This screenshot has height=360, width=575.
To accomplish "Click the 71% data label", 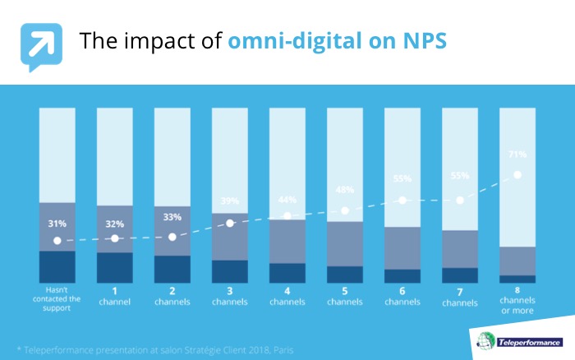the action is tap(517, 155).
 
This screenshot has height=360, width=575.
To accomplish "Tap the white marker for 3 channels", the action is tap(230, 223).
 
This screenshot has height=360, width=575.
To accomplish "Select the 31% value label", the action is tap(57, 224).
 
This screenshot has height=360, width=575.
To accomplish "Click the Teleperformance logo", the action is tap(520, 341).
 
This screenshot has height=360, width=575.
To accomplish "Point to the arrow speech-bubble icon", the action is tap(41, 47).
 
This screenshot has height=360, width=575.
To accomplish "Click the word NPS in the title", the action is tap(425, 40).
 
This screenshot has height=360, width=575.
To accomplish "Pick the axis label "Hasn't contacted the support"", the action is tap(57, 298).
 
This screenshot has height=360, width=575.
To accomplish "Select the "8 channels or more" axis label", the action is tap(517, 300).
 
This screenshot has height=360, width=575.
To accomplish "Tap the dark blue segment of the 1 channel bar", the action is tap(115, 267).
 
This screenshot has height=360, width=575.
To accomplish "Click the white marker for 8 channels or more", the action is tap(517, 175).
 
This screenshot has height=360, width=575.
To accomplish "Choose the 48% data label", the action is tap(345, 190).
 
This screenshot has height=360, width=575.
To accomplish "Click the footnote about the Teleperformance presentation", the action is tap(155, 350).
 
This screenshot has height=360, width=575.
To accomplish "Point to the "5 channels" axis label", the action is tap(345, 297).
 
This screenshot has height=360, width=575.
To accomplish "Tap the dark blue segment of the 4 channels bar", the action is tap(287, 273).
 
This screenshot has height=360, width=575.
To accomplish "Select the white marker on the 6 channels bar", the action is tap(402, 201).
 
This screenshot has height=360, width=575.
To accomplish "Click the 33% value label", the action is tap(172, 217).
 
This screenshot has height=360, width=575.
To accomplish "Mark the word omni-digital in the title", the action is tap(294, 41).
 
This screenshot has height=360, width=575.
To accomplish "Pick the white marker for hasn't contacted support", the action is tap(57, 241).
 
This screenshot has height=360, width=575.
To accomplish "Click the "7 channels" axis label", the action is tap(460, 298).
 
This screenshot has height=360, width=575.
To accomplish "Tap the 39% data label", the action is tap(230, 201).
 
